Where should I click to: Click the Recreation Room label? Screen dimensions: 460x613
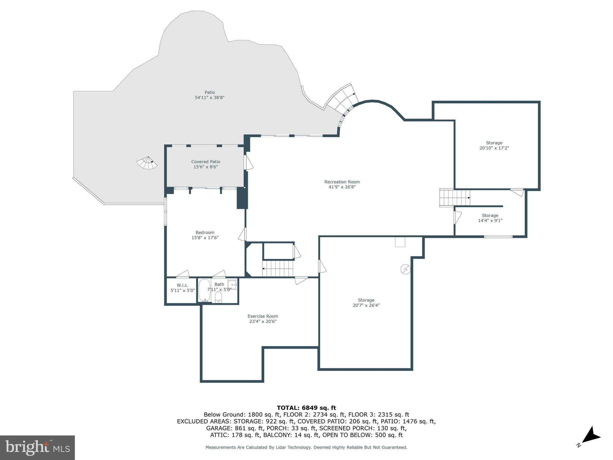click(342, 182)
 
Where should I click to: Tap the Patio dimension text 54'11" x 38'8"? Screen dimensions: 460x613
click(210, 98)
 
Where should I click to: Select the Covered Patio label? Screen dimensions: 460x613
click(206, 162)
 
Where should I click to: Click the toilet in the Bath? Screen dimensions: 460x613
click(219, 297)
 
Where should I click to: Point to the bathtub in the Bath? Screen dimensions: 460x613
click(204, 290)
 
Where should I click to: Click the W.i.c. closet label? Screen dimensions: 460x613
click(182, 285)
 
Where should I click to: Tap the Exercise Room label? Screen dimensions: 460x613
click(263, 316)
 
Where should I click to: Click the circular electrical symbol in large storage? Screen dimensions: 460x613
click(405, 270)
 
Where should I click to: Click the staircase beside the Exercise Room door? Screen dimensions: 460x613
click(277, 268)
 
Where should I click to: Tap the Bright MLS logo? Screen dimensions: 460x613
click(37, 447)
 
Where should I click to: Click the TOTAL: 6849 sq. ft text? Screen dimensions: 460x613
click(306, 408)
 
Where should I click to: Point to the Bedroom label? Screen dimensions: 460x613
click(205, 232)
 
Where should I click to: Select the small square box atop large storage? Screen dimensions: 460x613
click(400, 242)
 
